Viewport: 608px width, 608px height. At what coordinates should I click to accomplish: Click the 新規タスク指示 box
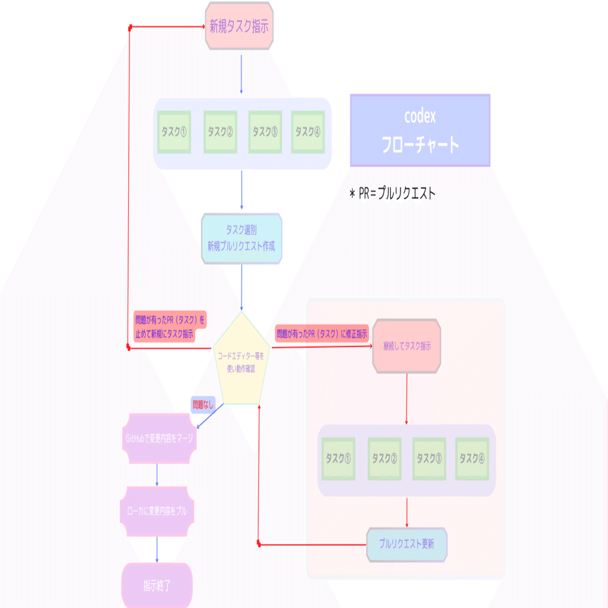(240, 27)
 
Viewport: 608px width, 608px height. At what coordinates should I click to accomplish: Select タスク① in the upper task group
(174, 132)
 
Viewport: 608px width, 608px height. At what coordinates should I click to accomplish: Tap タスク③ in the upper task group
(265, 132)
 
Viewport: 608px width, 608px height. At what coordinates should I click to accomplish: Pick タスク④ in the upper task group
(308, 132)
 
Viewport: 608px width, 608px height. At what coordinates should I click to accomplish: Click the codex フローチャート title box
(420, 130)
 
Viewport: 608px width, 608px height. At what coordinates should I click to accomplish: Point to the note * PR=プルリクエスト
(392, 194)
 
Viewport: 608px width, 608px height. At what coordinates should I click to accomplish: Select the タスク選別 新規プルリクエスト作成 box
(241, 238)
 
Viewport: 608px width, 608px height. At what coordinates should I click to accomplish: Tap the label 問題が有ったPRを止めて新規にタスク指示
(169, 327)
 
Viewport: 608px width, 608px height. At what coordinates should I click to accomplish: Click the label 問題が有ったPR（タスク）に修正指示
(322, 333)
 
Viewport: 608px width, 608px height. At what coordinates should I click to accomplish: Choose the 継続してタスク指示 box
(407, 346)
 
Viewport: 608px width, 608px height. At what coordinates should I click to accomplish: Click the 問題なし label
(203, 405)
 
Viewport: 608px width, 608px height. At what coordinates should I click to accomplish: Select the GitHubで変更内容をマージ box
(159, 439)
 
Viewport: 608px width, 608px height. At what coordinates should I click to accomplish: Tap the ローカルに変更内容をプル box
(157, 511)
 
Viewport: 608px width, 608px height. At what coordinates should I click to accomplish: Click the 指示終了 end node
(157, 586)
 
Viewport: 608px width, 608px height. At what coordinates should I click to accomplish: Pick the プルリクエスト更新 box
(407, 543)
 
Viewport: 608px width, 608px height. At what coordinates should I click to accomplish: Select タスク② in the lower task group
(385, 459)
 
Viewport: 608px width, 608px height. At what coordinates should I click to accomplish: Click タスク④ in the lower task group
(472, 459)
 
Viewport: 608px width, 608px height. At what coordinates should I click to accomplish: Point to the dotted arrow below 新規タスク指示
(241, 74)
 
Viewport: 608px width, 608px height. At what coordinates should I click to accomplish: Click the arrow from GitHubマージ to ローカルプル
(157, 475)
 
